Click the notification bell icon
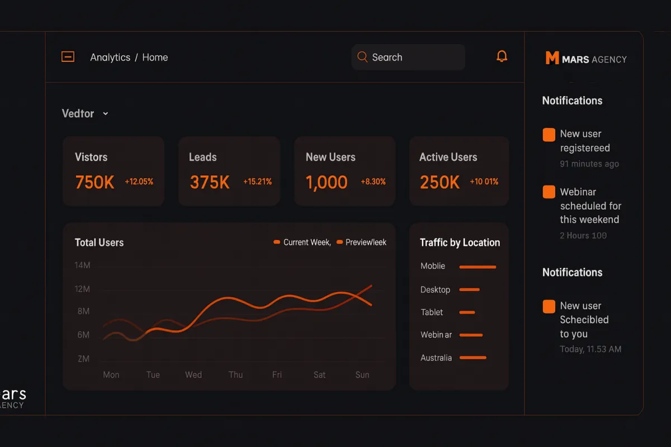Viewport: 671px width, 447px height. coord(502,56)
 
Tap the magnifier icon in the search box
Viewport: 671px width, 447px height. coord(362,57)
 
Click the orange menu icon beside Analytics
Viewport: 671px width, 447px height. coord(68,57)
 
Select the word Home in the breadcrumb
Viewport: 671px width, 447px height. coord(155,58)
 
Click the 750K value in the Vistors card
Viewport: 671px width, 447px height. coord(94,182)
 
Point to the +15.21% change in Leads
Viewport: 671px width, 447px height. coord(257,182)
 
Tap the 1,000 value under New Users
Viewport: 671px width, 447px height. coord(327,182)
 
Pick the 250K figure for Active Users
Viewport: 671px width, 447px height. coord(440,182)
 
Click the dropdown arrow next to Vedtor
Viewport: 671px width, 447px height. coord(105,114)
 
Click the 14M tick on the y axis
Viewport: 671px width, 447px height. coord(82,265)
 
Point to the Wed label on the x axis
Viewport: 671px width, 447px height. coord(193,374)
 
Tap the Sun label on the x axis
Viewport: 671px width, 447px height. coord(362,374)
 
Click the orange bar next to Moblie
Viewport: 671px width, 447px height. coord(478,267)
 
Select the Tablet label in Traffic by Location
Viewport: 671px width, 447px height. coord(432,312)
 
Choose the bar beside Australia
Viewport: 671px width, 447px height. coord(472,358)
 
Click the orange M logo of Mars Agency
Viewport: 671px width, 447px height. coord(552,58)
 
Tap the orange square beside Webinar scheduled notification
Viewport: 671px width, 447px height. coord(549,192)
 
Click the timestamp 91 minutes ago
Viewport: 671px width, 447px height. coord(589,164)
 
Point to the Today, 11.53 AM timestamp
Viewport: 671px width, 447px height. coord(590,349)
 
